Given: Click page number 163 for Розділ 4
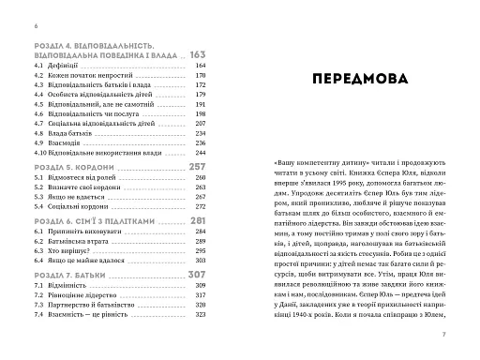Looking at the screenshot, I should click(197, 54).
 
